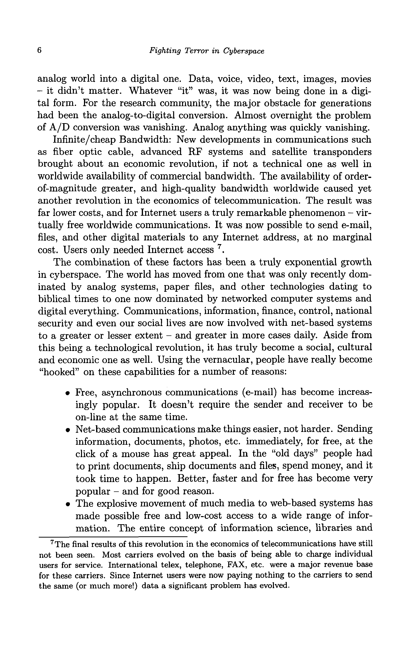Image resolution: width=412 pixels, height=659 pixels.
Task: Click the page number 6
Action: (40, 51)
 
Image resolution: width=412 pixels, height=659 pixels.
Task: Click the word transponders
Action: (342, 152)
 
